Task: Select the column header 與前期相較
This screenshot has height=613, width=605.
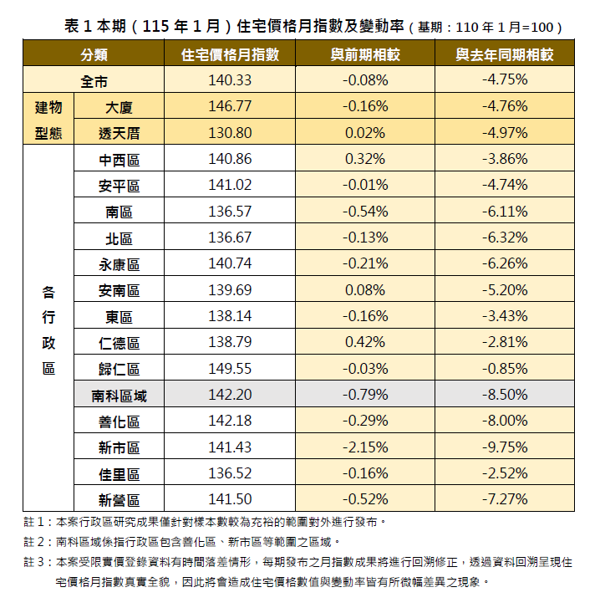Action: [x=364, y=55]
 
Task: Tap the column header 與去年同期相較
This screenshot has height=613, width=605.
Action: [x=504, y=55]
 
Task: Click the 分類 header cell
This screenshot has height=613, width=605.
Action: [x=94, y=55]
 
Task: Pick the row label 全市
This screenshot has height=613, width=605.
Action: [x=94, y=81]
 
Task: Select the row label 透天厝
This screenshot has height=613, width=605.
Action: [x=119, y=133]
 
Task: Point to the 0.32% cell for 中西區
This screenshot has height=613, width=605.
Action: [x=364, y=159]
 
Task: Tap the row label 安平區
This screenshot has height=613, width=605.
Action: [x=119, y=186]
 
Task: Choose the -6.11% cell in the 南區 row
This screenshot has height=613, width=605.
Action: [x=504, y=212]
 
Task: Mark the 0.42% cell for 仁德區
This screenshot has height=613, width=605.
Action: [x=364, y=342]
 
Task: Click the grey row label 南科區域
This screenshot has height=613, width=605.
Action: [x=119, y=396]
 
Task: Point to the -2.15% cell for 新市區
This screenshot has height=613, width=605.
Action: [x=364, y=447]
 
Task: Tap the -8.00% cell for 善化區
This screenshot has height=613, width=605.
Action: [x=504, y=421]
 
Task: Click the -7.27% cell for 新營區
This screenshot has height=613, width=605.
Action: [x=504, y=500]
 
